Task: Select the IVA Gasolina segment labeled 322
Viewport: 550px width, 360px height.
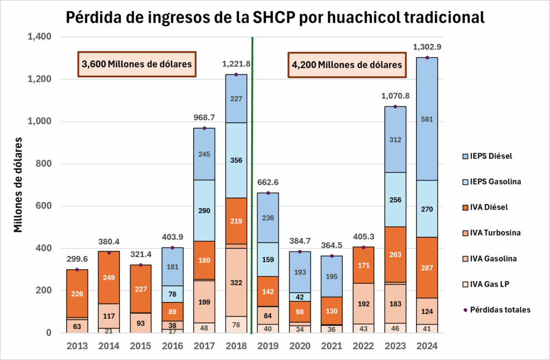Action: (236, 282)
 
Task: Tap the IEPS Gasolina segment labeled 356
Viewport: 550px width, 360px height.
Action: (236, 160)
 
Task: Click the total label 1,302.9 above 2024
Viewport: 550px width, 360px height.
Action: (427, 47)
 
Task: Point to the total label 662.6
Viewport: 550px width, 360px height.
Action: (268, 182)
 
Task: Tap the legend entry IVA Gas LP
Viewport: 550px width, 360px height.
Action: (489, 284)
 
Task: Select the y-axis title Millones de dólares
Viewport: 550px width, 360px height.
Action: (18, 184)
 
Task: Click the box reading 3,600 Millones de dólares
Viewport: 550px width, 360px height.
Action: (137, 64)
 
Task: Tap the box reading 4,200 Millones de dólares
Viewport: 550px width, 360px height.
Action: (347, 64)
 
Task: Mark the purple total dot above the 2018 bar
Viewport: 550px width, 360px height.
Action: (236, 74)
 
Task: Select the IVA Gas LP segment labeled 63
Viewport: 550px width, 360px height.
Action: (77, 325)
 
